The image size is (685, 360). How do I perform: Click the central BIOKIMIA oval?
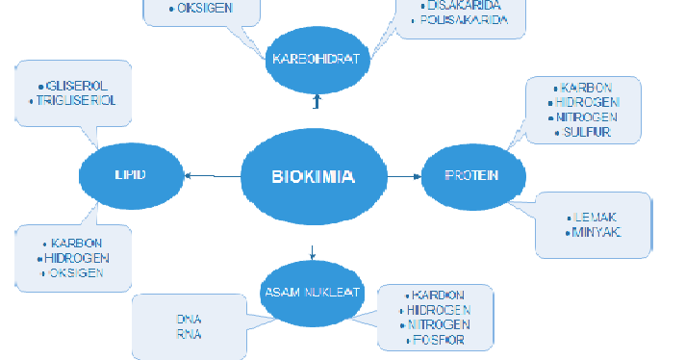pos(313,176)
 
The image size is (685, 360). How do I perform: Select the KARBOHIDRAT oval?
pos(316,59)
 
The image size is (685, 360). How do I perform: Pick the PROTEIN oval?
pos(471,175)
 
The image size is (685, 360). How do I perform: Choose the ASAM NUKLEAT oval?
pos(312,292)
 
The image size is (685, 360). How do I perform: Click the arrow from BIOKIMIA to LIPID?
pos(211,175)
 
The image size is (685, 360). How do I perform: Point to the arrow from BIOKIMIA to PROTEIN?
pos(403,176)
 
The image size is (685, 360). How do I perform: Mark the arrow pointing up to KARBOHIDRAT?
pos(315,101)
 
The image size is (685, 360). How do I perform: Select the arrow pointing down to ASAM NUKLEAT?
pos(313,252)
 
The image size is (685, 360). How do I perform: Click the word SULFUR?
pos(587,133)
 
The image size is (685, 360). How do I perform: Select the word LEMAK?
pos(597,218)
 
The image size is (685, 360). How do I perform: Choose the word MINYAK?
pos(596,233)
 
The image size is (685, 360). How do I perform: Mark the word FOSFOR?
pos(439,340)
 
